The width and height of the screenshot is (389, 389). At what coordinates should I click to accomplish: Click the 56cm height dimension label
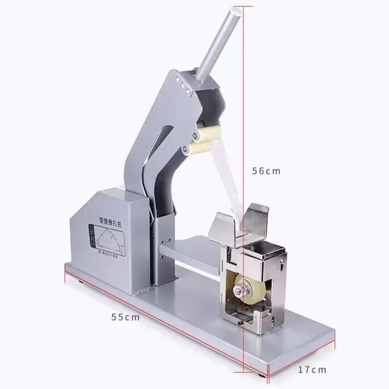click(266, 171)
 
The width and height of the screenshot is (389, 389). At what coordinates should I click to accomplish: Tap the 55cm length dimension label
click(125, 317)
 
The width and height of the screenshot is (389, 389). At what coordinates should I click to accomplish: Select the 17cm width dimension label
click(312, 370)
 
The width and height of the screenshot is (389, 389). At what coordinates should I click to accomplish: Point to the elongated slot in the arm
click(163, 151)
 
